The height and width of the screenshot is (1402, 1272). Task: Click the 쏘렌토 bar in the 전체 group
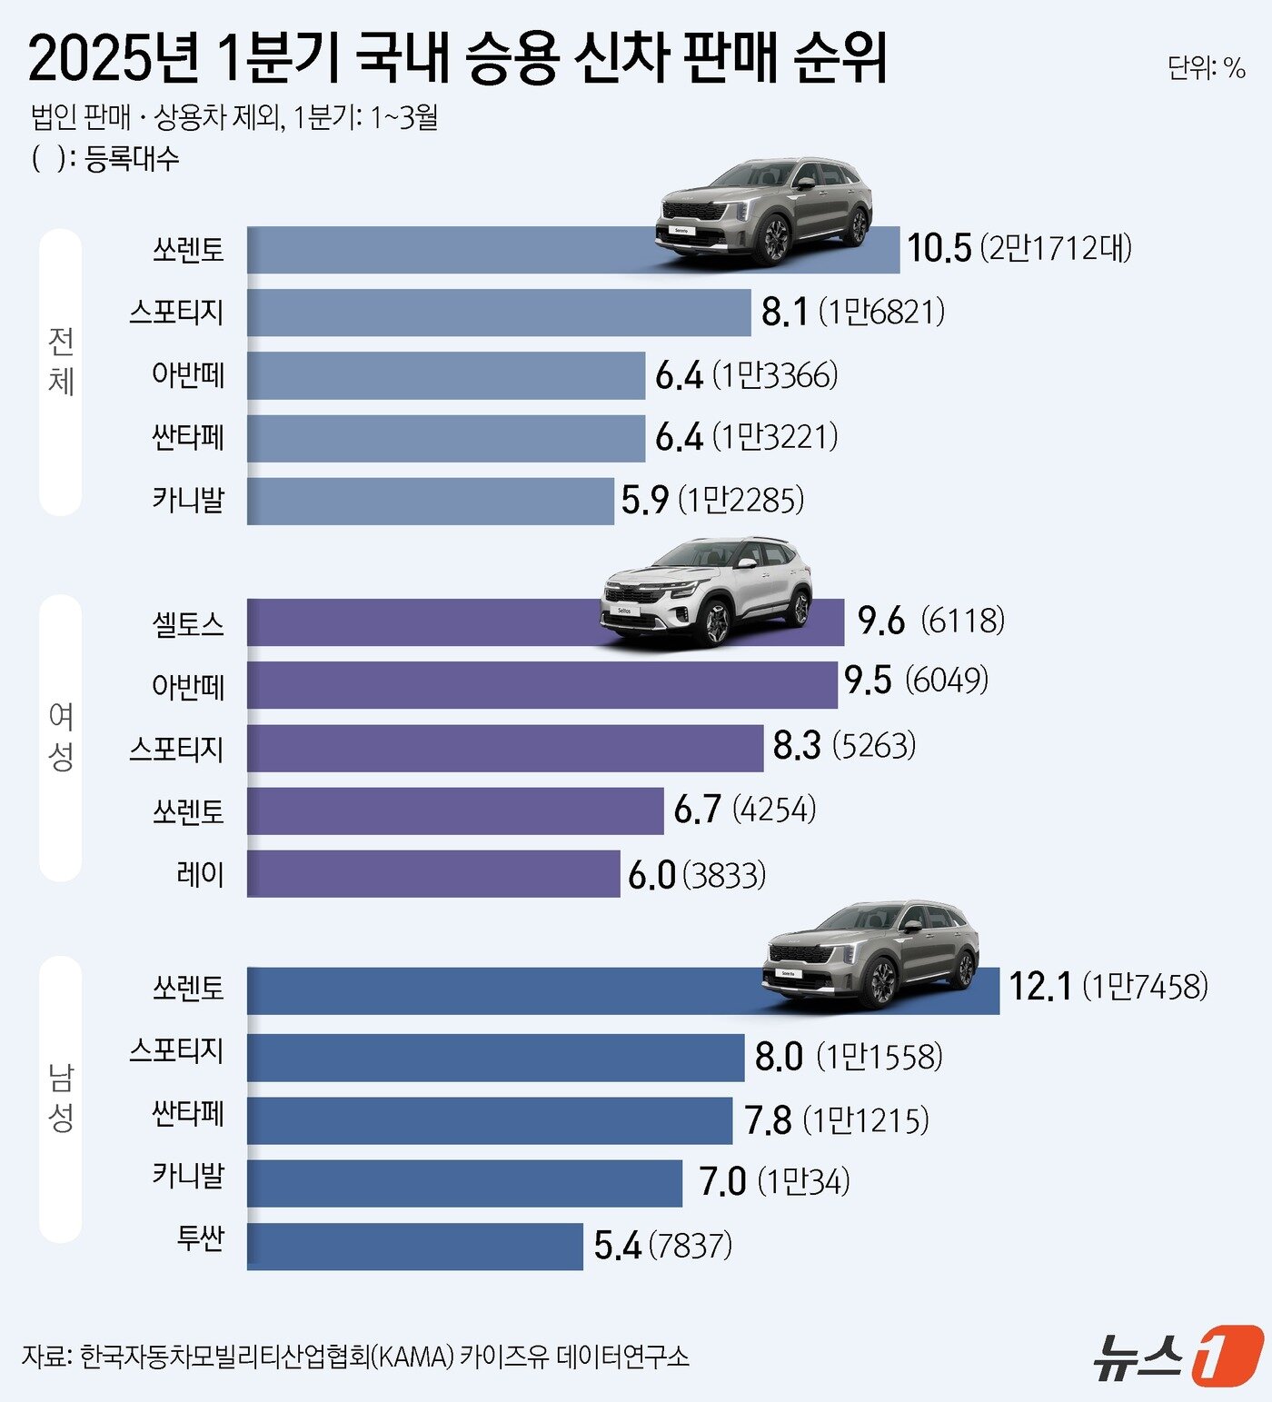coord(454,250)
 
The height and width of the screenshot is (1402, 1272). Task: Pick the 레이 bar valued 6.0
coord(432,874)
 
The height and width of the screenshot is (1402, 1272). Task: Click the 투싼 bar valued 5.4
coord(414,1246)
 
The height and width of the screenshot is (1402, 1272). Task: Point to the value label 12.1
coord(1040,987)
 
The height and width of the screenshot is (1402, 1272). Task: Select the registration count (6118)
coord(963,621)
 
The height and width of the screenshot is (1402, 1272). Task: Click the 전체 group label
coord(61,362)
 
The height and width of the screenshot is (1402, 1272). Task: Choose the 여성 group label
coord(61,737)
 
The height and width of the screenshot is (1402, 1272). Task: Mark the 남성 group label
coord(61,1098)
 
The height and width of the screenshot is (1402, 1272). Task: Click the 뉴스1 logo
coord(1177,1356)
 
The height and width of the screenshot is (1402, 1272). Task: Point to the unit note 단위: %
coord(1206,68)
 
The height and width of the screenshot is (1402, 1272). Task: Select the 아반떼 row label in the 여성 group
coord(188,686)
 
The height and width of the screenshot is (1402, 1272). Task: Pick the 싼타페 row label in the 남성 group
coord(188,1114)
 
